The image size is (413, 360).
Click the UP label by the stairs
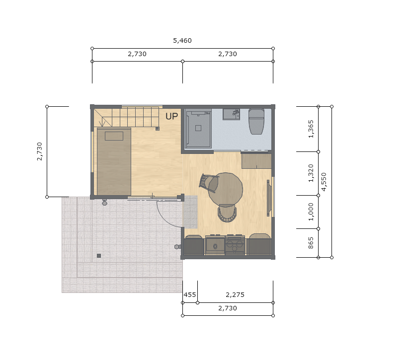point(172,116)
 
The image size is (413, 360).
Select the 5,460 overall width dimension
point(182,41)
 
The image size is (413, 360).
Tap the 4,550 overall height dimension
point(324,182)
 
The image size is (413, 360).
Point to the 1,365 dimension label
point(311,129)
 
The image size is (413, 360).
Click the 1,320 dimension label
point(311,173)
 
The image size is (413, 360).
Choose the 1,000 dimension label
point(311,212)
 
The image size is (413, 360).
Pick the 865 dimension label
point(311,243)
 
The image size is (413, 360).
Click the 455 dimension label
point(190,295)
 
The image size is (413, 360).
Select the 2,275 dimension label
point(235,295)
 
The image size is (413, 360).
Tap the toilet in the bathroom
point(256,121)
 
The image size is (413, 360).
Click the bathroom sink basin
point(231,115)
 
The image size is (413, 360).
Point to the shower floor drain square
point(198,128)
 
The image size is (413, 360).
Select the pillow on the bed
point(114,136)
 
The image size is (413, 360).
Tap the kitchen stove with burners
point(235,245)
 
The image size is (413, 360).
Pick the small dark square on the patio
point(99,256)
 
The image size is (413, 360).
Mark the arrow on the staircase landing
point(103,123)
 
